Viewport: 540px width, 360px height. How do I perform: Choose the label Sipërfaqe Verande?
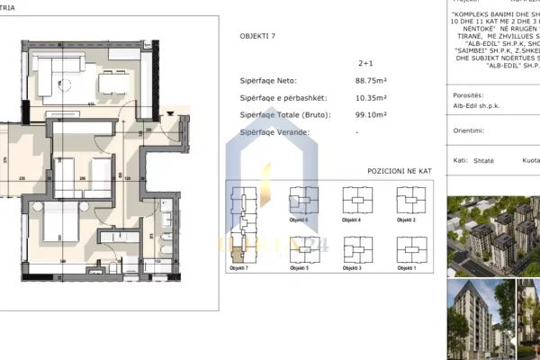(275, 133)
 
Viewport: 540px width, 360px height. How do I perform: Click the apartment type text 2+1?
(365, 64)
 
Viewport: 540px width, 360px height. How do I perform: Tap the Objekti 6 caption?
(300, 220)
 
